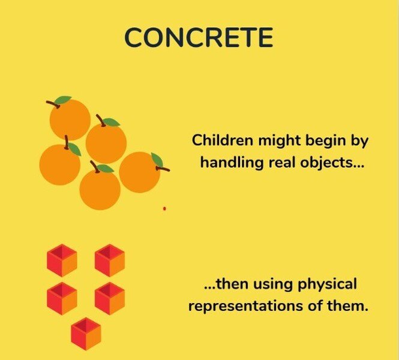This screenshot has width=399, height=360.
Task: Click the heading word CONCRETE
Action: tap(199, 37)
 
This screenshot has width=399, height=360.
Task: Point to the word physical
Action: tap(327, 284)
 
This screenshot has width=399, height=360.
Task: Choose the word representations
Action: tap(245, 306)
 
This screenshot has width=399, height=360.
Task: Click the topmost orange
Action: tap(70, 119)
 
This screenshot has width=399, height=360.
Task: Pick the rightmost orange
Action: tap(139, 172)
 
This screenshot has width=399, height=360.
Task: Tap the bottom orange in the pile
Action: tap(100, 190)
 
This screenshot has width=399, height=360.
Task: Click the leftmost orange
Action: tap(60, 164)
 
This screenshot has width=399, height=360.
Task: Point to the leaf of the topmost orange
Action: tap(63, 100)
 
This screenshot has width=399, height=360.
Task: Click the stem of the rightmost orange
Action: tap(163, 169)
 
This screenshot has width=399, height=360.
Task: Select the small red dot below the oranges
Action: tap(164, 209)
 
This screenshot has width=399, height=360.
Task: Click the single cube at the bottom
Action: tap(86, 334)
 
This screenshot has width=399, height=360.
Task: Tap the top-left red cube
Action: tap(62, 260)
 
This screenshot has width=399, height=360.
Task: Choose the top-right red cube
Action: tap(110, 260)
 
